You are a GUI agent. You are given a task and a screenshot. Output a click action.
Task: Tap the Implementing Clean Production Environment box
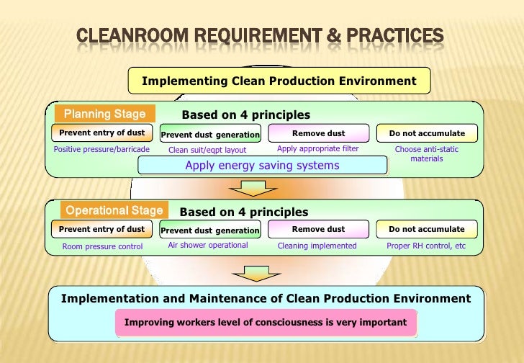(x=279, y=81)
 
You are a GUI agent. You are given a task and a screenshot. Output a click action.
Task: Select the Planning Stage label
(x=104, y=114)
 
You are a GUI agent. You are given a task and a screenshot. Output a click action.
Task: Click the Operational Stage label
(x=114, y=210)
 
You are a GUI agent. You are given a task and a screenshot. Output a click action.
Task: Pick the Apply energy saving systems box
(x=262, y=166)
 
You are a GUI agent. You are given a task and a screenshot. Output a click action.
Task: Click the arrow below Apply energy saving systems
(x=248, y=189)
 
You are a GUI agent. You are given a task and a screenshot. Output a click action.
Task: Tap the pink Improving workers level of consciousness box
(x=266, y=322)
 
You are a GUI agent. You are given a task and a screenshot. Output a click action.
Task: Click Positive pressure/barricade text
(x=102, y=149)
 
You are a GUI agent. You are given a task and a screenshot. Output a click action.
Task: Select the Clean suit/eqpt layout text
(x=207, y=150)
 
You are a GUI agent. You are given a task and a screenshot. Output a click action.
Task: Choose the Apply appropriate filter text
(x=317, y=149)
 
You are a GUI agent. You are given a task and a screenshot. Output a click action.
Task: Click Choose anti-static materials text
(x=427, y=153)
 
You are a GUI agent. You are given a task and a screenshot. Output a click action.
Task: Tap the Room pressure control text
(x=102, y=246)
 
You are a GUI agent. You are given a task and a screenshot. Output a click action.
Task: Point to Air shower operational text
(x=208, y=245)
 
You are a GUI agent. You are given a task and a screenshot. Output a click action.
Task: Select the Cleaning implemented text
(x=317, y=246)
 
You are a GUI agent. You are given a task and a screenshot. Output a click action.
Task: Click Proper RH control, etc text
(x=427, y=246)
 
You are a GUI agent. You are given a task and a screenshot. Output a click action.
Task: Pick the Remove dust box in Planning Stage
(x=318, y=133)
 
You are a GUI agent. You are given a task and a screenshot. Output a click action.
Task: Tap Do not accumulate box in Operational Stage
(x=427, y=229)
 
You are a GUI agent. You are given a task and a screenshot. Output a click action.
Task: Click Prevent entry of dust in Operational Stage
(x=101, y=229)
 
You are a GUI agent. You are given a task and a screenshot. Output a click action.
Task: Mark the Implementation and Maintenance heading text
(x=266, y=298)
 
